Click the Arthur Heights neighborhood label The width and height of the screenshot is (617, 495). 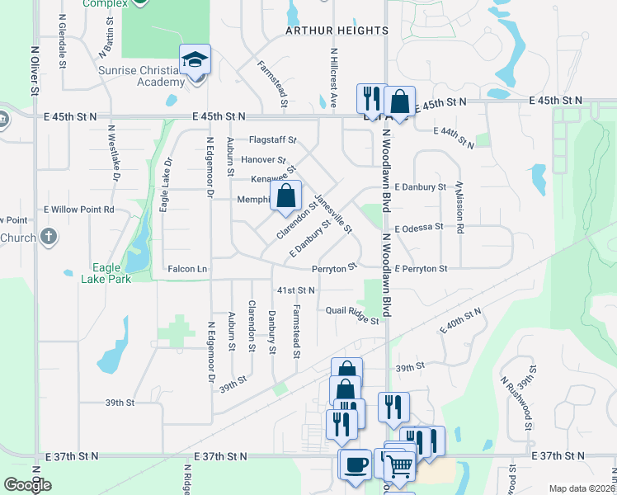click(x=337, y=31)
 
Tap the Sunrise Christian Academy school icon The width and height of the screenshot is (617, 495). click(x=195, y=60)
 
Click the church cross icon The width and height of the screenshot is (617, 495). click(x=49, y=238)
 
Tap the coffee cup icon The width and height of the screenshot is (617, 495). click(x=356, y=464)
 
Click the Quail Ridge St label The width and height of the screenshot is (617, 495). click(x=352, y=314)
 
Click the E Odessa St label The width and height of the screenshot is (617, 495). click(x=420, y=229)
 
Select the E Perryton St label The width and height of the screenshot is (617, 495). click(x=421, y=269)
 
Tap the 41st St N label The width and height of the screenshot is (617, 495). click(x=296, y=290)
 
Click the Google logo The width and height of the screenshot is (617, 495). click(x=27, y=485)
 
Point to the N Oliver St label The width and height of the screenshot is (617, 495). click(x=35, y=75)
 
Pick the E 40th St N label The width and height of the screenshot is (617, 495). click(x=460, y=320)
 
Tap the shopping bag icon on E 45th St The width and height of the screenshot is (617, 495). click(x=399, y=102)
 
